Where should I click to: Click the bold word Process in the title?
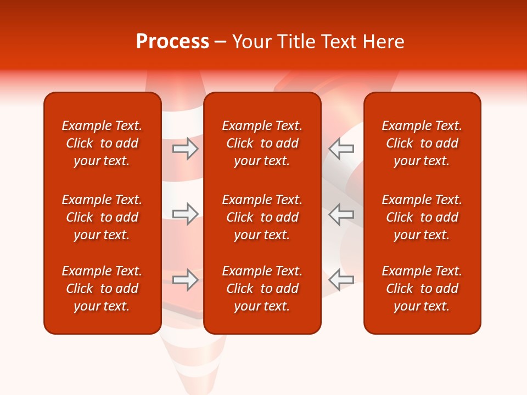click(x=172, y=42)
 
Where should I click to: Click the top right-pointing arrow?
click(x=186, y=149)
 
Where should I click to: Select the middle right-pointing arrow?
click(x=186, y=214)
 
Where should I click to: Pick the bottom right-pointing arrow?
click(x=186, y=279)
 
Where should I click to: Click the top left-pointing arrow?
click(x=341, y=149)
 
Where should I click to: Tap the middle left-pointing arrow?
click(x=341, y=214)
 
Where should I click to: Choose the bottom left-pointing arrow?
click(x=341, y=279)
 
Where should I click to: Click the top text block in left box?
click(x=102, y=143)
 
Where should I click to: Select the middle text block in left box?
click(x=102, y=217)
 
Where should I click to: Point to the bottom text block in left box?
click(x=102, y=289)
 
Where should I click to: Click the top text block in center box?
click(x=262, y=143)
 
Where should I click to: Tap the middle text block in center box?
click(x=262, y=217)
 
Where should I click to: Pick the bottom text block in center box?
click(x=262, y=289)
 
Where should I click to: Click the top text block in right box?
click(x=422, y=143)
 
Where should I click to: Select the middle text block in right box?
click(x=422, y=217)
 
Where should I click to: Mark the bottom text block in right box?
click(x=422, y=289)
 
